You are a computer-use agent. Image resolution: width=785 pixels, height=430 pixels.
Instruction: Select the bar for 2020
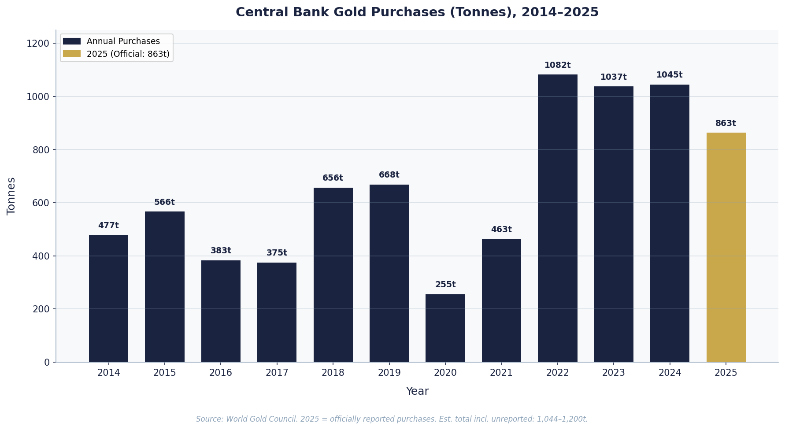pos(445,328)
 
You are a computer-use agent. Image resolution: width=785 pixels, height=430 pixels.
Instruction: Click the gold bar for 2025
pos(726,247)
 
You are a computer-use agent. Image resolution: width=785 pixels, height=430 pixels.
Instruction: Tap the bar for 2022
pos(557,218)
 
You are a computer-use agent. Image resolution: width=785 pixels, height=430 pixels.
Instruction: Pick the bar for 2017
pos(277,312)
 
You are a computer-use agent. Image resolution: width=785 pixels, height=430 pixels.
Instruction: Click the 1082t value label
pos(557,65)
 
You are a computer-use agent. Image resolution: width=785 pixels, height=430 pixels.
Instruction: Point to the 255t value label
pos(445,285)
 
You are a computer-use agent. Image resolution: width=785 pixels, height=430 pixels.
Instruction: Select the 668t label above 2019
pos(389,175)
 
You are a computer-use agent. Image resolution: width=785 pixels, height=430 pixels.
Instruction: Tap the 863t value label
pos(726,123)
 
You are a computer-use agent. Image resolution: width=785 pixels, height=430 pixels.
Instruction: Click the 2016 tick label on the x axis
pos(221,373)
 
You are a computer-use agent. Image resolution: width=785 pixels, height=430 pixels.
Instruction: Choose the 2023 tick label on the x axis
pos(613,373)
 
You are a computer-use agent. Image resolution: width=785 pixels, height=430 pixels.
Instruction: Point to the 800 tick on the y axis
pos(41,150)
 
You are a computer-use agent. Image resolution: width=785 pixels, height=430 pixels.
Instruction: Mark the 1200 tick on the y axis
pos(38,44)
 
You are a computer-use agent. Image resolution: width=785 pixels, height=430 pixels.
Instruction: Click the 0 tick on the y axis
pos(47,362)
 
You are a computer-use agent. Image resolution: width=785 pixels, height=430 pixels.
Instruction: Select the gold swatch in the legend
pos(72,54)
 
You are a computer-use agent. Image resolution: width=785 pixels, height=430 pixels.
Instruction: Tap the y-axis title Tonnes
pos(11,196)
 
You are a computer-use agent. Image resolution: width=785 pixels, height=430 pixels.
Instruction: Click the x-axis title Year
pos(417,391)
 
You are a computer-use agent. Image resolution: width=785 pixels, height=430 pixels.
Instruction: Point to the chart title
pos(417,12)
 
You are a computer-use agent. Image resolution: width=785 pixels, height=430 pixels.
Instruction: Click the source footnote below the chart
pos(392,419)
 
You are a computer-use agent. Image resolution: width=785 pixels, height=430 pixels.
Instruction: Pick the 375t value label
pos(277,253)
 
